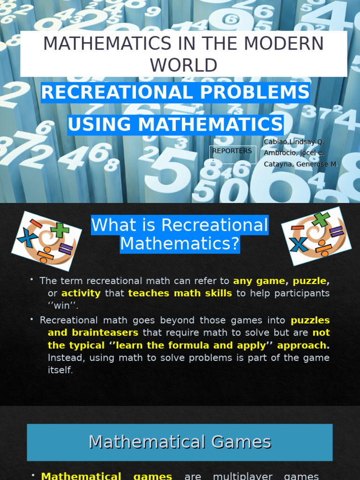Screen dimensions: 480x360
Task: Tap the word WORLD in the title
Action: click(x=184, y=65)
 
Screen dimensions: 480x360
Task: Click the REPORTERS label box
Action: click(x=232, y=154)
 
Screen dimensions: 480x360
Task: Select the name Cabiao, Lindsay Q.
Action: click(x=294, y=142)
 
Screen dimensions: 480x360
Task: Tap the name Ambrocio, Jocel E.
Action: click(x=294, y=153)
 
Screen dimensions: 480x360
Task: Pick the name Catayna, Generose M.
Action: click(x=300, y=164)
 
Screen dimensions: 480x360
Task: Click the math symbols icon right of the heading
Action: click(x=316, y=236)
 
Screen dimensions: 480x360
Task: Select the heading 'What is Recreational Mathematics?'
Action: click(x=180, y=234)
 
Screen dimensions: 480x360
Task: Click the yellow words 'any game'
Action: click(x=259, y=281)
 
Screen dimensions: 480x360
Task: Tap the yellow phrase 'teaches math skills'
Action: click(x=180, y=293)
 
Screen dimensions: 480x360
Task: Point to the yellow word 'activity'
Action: click(x=81, y=293)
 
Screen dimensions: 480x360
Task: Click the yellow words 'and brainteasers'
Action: click(x=93, y=333)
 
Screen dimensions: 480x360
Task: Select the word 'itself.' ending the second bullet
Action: click(x=60, y=370)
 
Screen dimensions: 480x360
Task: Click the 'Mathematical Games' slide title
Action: click(x=180, y=442)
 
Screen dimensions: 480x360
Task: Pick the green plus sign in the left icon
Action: click(x=60, y=230)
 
